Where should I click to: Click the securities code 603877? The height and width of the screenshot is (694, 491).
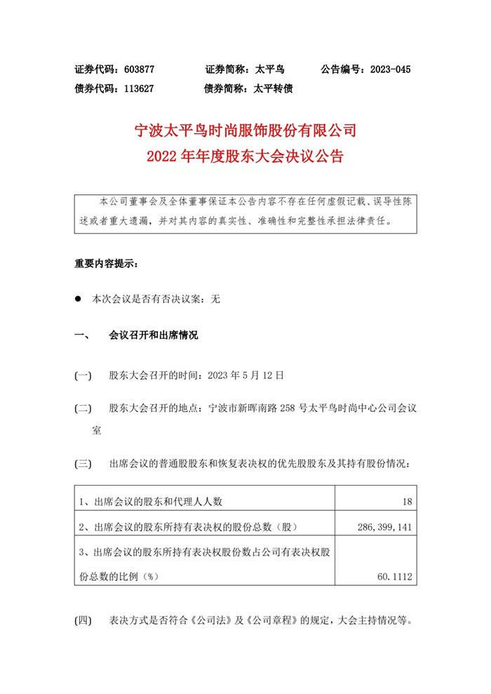click(x=138, y=70)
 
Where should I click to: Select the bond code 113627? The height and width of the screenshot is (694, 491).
click(x=138, y=89)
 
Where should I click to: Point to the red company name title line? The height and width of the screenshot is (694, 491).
click(x=245, y=131)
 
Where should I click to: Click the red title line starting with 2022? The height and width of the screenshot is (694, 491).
click(x=245, y=156)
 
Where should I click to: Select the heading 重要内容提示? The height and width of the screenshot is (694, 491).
click(x=106, y=265)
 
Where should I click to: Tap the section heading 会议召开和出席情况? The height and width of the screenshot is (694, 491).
click(x=153, y=335)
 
